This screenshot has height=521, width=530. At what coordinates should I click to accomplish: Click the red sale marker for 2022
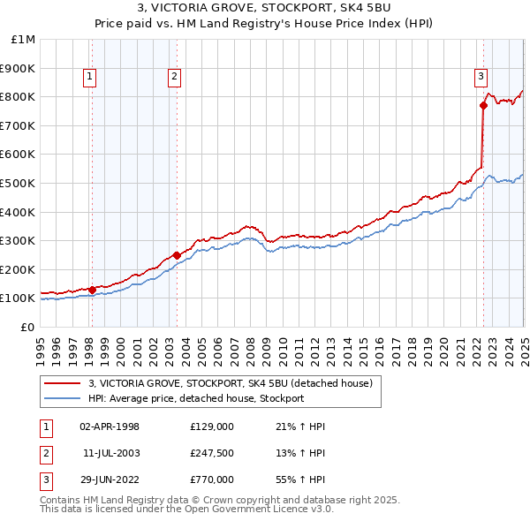[483, 105]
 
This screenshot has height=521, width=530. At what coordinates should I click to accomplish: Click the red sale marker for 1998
[92, 290]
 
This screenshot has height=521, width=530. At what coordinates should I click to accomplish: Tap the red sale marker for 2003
[177, 255]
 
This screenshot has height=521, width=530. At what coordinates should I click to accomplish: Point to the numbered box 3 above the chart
[481, 77]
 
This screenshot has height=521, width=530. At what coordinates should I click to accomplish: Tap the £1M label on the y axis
[24, 40]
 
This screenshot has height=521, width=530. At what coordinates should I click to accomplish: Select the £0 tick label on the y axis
[28, 327]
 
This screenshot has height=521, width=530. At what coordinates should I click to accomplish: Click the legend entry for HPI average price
[195, 399]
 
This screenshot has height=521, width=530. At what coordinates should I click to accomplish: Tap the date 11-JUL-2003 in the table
[110, 453]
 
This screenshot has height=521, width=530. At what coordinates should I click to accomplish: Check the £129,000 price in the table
[212, 427]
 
